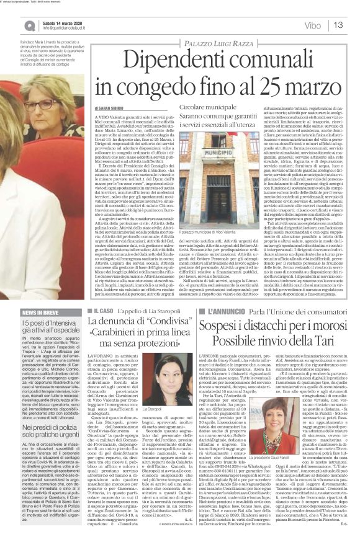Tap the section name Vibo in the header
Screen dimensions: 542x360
point(313,25)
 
